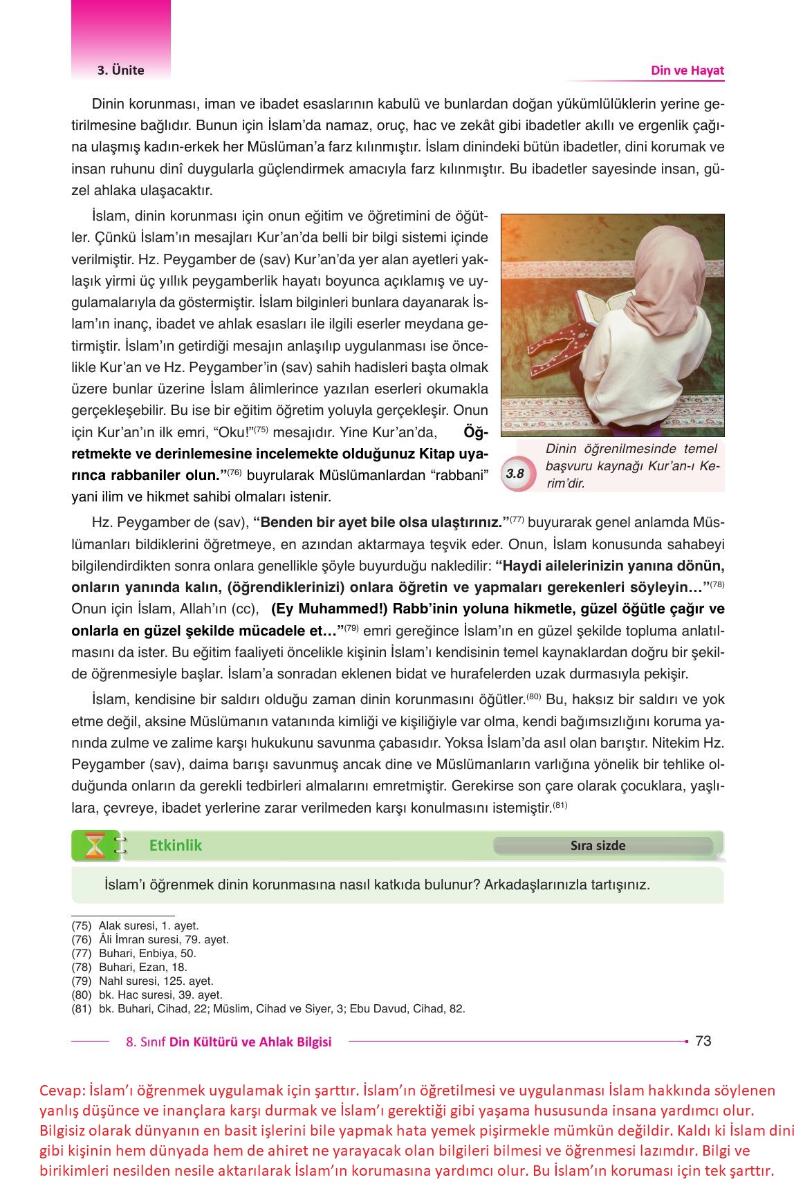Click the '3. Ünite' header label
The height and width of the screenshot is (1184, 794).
[120, 70]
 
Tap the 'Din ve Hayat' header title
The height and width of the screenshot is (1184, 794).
[687, 70]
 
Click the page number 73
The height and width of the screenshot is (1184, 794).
[703, 1041]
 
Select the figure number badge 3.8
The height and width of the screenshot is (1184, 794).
[515, 474]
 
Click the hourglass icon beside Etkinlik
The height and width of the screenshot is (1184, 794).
[95, 846]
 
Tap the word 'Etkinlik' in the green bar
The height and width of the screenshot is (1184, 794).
[176, 845]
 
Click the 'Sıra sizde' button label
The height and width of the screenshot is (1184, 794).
[598, 846]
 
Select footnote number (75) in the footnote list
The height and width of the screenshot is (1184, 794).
[82, 925]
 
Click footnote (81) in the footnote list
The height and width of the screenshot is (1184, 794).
[82, 1008]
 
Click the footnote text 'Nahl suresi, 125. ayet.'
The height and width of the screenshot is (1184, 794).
[156, 981]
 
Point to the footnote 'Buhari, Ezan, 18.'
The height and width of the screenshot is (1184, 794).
[143, 967]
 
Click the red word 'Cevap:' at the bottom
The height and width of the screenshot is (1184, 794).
[62, 1091]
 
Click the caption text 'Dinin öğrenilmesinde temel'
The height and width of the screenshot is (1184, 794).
[631, 449]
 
